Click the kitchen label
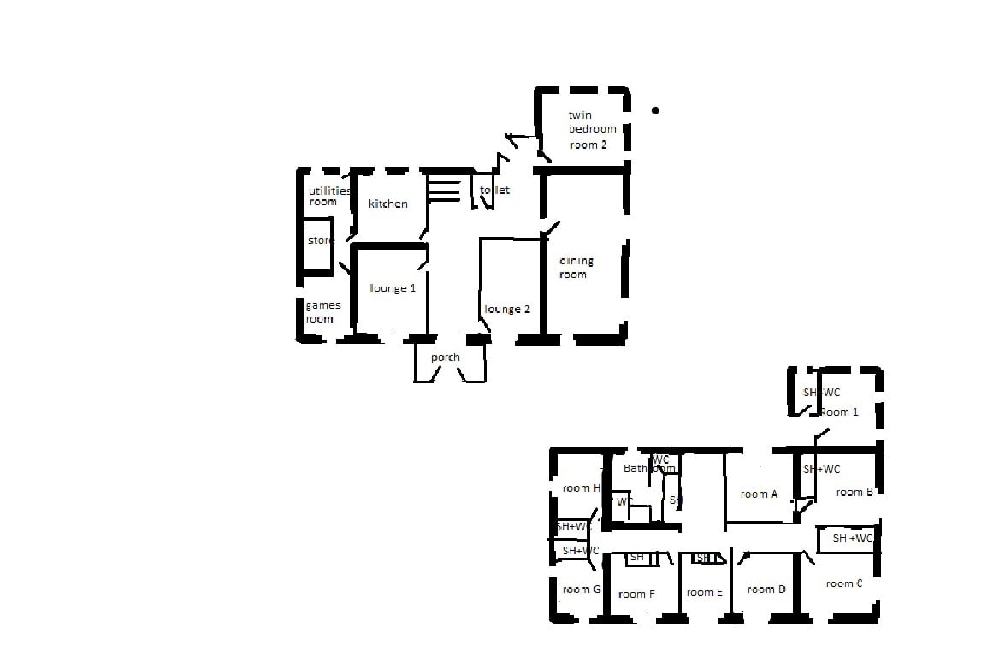tap(387, 204)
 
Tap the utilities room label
tap(328, 197)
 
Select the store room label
tap(321, 241)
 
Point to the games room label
tap(322, 312)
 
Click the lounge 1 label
tap(393, 288)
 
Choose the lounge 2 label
tap(507, 309)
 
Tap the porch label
tap(446, 358)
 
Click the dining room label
tap(576, 268)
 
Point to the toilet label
tap(495, 191)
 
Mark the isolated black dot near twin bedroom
tap(656, 110)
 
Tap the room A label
tap(759, 494)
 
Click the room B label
tap(854, 492)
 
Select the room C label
tap(844, 583)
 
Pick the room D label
tap(766, 589)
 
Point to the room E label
tap(705, 593)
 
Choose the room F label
tap(636, 595)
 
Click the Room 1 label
tap(839, 412)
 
